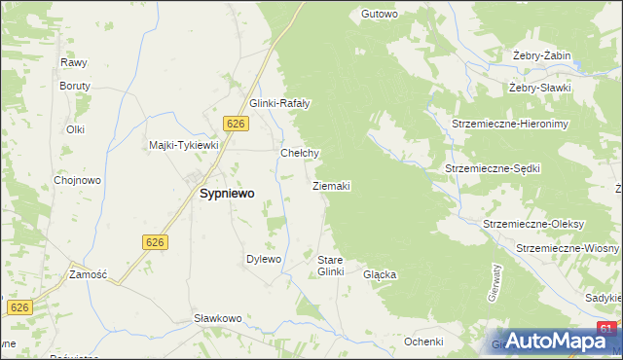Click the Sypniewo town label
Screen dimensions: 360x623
(x=227, y=194)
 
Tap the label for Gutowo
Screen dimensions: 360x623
(x=380, y=14)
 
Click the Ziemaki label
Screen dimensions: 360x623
(x=332, y=185)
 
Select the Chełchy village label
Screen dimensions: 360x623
(x=300, y=153)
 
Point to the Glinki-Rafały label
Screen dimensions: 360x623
(x=279, y=104)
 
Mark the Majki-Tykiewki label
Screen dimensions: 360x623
(x=184, y=145)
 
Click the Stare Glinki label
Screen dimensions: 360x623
(x=331, y=266)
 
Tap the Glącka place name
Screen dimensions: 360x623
(x=380, y=274)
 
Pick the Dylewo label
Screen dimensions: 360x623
(x=263, y=259)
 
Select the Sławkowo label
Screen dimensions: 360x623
(x=217, y=318)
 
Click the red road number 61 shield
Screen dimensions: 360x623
(x=607, y=329)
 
